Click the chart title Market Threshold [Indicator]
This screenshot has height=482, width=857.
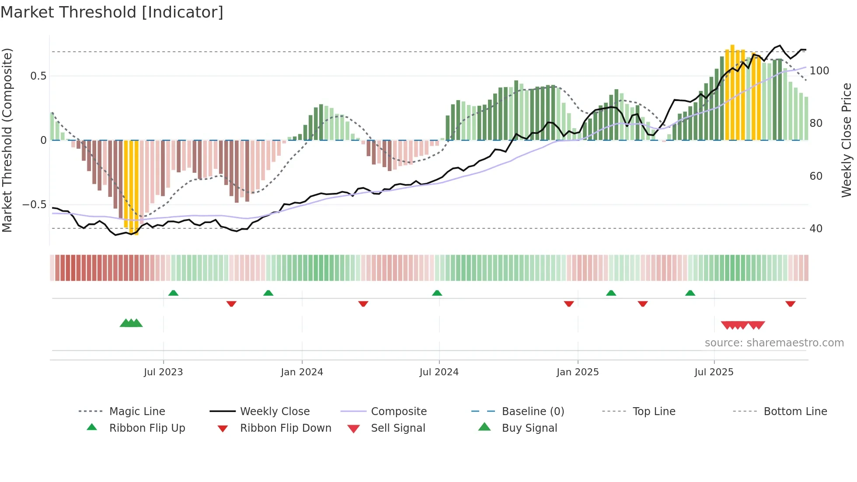pos(112,12)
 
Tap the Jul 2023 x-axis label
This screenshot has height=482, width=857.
pos(163,372)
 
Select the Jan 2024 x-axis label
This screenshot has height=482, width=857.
pos(302,372)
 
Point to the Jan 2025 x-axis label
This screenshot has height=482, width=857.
pos(577,372)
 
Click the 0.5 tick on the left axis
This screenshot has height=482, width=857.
pos(38,76)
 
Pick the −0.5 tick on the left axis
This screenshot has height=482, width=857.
pos(35,205)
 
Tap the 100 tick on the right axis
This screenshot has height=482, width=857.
pos(819,71)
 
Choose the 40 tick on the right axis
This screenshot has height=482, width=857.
pos(816,229)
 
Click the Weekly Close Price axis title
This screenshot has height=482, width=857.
pos(847,140)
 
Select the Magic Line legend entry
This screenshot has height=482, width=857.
pos(137,412)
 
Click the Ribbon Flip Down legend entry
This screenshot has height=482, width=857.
pos(285,428)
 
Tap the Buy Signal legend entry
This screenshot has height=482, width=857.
pos(529,428)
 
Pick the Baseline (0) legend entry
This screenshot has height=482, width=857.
pos(533,412)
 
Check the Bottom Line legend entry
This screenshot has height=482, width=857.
pos(795,412)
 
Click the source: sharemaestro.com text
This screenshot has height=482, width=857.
pos(774,343)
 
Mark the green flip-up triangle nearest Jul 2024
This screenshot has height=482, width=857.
pos(437,293)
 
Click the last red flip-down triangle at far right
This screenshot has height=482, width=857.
pos(790,304)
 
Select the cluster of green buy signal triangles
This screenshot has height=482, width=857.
pos(131,323)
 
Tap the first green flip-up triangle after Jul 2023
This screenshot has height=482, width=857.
pos(173,293)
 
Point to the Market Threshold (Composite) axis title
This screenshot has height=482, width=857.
pos(7,140)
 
